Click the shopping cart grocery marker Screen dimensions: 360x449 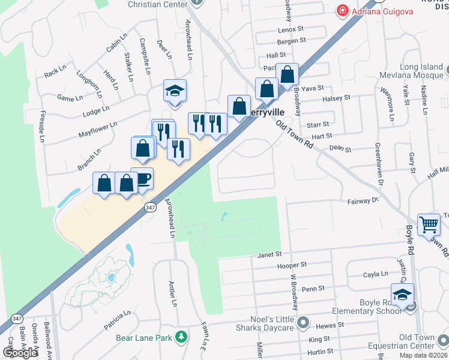pos(429,226)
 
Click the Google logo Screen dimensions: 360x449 pos(20,353)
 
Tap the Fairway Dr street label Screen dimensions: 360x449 pos(364,201)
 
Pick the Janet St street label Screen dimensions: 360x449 pos(269,255)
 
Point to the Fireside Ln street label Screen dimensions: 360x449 pos(43,126)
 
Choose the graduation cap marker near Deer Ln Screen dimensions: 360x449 pos(175,92)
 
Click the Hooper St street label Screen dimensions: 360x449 pos(292,265)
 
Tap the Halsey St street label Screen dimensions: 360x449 pos(336,98)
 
